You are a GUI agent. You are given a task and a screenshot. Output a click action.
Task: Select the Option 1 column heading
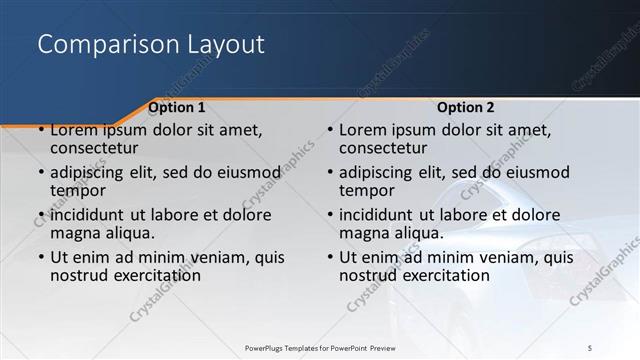(177, 107)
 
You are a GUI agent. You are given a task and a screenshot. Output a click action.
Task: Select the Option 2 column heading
(466, 107)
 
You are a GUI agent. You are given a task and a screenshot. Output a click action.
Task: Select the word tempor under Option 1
(78, 189)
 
